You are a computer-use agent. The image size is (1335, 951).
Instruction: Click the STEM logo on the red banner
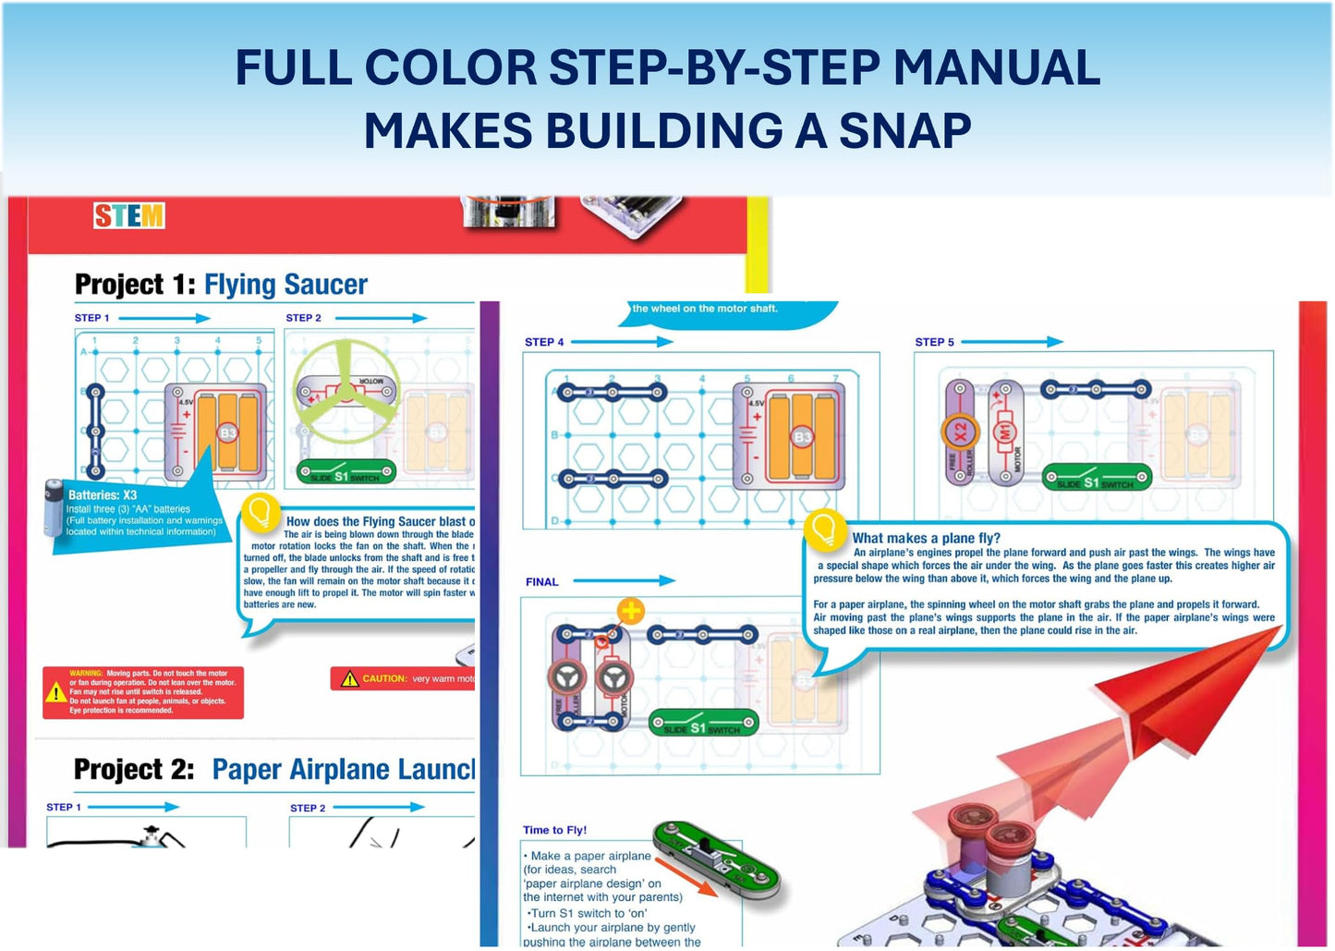click(128, 216)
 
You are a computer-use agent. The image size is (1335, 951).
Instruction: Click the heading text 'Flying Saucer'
click(285, 285)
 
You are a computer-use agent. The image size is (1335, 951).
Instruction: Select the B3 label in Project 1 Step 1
click(227, 433)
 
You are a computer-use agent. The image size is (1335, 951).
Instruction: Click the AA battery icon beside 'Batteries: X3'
click(54, 507)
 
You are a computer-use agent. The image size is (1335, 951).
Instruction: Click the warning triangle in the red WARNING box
click(55, 692)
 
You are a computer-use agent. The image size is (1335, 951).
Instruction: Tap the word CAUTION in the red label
click(384, 679)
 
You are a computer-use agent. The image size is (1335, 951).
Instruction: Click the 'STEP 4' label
click(544, 342)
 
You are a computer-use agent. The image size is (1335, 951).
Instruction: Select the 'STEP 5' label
click(934, 342)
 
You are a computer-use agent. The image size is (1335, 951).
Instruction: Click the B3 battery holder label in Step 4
click(801, 436)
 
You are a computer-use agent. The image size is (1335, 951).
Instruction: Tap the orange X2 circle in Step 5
click(960, 432)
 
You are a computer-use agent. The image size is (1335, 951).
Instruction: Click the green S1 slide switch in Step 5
click(1096, 479)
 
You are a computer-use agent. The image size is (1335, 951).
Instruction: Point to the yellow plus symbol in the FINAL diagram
click(631, 611)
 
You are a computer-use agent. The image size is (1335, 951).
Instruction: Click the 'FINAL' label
click(541, 582)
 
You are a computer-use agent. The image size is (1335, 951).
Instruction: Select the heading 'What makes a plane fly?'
click(926, 538)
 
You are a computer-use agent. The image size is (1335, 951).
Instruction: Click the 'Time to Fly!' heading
click(554, 830)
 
